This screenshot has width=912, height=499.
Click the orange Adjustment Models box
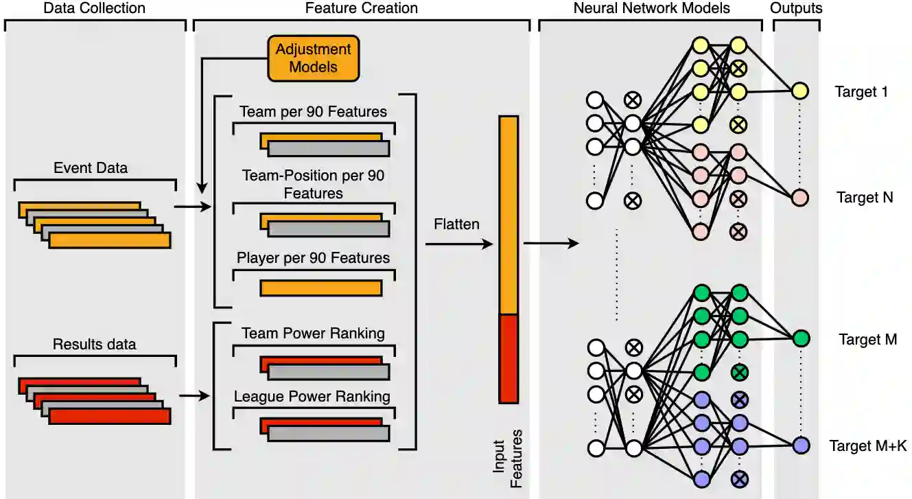(x=314, y=58)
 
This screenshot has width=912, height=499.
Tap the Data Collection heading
(x=95, y=8)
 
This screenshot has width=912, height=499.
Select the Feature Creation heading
(x=362, y=8)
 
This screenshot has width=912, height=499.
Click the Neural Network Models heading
(x=651, y=8)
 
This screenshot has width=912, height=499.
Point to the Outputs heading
(x=796, y=8)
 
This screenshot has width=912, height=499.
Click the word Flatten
(x=456, y=224)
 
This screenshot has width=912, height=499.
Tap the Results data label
(x=95, y=344)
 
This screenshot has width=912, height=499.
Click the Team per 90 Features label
(x=314, y=111)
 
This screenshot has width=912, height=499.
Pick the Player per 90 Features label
(x=314, y=258)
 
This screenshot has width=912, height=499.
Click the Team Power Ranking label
(x=314, y=334)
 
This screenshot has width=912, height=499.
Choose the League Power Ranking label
(x=312, y=396)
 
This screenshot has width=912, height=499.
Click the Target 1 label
(x=862, y=91)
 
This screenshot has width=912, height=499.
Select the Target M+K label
(x=867, y=446)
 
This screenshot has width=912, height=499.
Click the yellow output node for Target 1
(x=799, y=91)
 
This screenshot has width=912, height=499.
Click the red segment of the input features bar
(x=508, y=358)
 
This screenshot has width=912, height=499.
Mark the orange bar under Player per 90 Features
(x=320, y=288)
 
